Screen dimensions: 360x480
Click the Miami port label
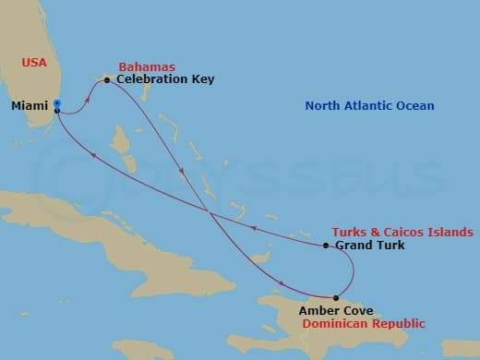(x=30, y=106)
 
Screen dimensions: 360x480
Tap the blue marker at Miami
(x=57, y=103)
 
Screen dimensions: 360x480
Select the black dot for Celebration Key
(x=108, y=80)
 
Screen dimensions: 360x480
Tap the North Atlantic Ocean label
(x=369, y=106)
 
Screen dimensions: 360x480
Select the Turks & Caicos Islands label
(x=402, y=232)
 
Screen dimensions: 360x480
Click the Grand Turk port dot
(x=326, y=246)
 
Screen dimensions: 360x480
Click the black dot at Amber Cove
(x=335, y=297)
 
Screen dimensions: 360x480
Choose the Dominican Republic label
(x=362, y=324)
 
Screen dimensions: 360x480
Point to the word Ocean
(x=414, y=106)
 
